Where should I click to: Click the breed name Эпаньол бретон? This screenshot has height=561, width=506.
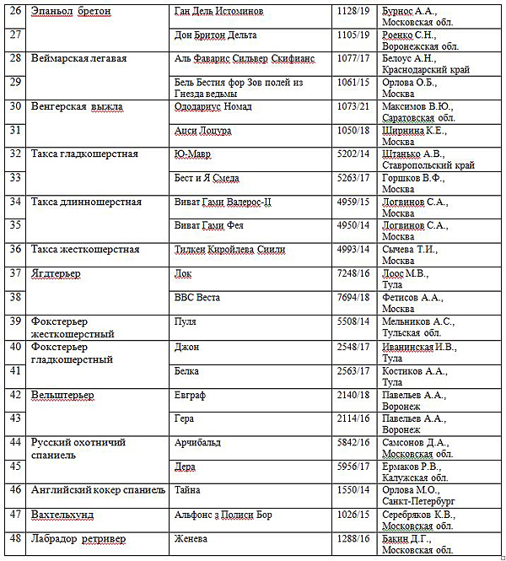[x=71, y=12]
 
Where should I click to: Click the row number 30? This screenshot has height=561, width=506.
[x=14, y=107]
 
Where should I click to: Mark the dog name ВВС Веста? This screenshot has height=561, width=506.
[x=199, y=297]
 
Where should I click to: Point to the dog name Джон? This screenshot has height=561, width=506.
[x=186, y=346]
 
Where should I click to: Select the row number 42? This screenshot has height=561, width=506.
[x=14, y=394]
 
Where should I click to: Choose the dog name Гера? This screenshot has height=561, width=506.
[x=185, y=418]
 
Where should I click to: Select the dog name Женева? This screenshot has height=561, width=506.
[x=192, y=537]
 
